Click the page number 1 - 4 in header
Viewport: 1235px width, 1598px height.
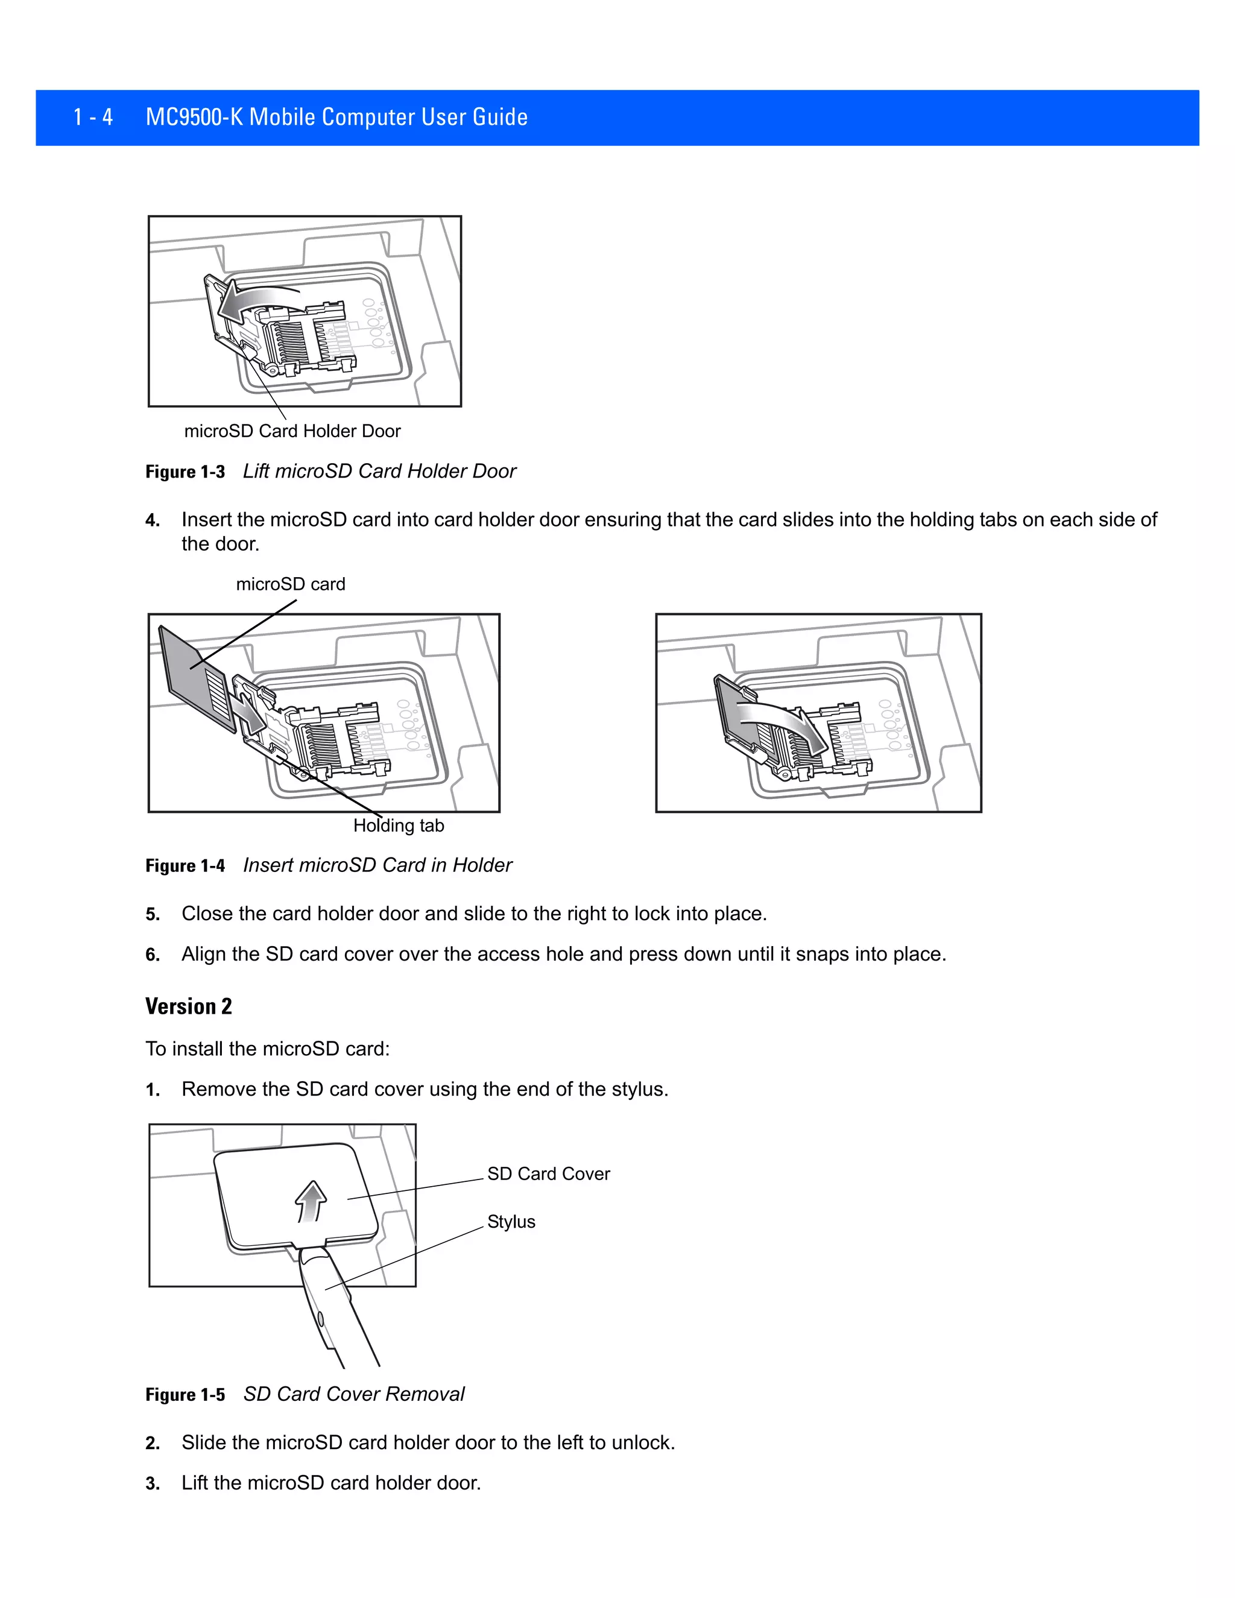coord(93,117)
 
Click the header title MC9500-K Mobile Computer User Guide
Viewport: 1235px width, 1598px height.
coord(336,117)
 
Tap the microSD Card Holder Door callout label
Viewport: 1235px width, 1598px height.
coord(292,431)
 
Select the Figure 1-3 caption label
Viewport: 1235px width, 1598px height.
coord(185,472)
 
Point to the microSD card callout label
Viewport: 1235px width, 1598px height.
coord(291,584)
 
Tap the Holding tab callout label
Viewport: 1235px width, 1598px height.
coord(399,826)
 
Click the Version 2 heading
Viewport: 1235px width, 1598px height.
coord(189,1007)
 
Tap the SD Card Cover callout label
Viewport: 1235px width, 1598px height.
coord(548,1173)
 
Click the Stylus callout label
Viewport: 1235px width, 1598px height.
coord(511,1222)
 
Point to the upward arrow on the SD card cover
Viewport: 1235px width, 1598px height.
coord(311,1201)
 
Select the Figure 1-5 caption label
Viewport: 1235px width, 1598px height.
coord(185,1395)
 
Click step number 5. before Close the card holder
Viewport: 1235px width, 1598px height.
coord(152,915)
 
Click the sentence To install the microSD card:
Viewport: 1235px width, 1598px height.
coord(268,1049)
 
